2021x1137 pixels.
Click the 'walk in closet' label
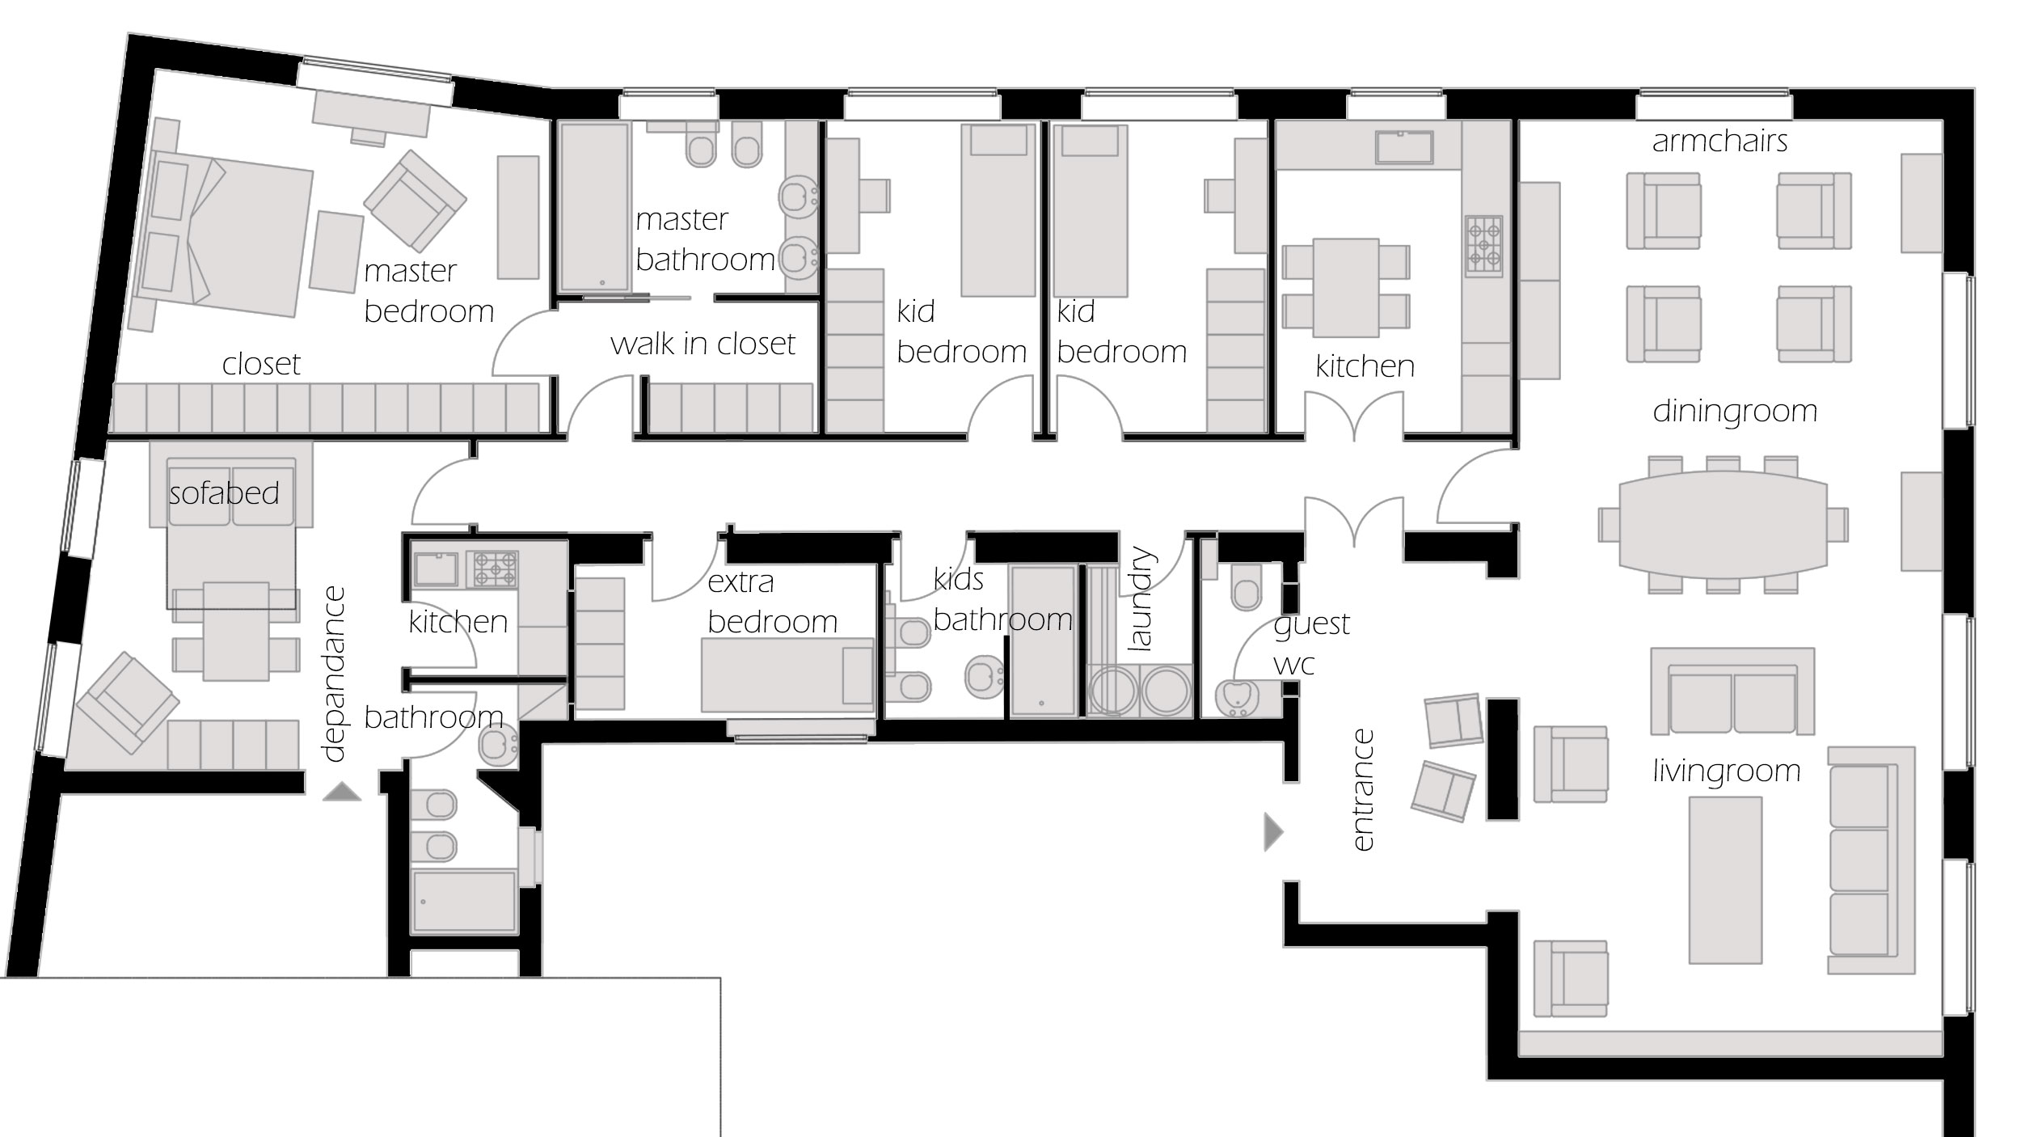click(x=702, y=344)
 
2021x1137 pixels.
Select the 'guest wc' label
click(x=1311, y=644)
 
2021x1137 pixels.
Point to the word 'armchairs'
click(x=1719, y=141)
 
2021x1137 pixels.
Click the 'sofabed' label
click(x=224, y=492)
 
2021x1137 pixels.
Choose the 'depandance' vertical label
click(x=333, y=674)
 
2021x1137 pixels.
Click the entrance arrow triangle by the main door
click(x=1273, y=832)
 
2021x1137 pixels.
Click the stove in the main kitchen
click(x=1483, y=246)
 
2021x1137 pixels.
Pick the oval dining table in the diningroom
click(x=1723, y=525)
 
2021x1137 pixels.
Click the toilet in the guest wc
click(x=1246, y=587)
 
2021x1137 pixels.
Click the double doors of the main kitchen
click(x=1354, y=416)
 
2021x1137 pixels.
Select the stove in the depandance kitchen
click(x=496, y=568)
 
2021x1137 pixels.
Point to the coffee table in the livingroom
click(x=1725, y=880)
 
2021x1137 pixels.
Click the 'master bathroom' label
click(x=705, y=239)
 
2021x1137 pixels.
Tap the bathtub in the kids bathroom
click(x=1043, y=640)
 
